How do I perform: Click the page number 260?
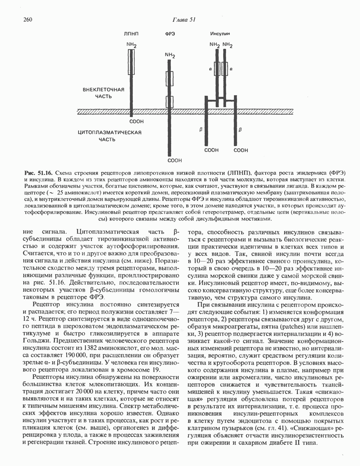(x=28, y=19)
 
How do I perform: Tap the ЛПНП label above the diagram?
(x=131, y=34)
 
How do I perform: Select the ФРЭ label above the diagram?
(x=170, y=34)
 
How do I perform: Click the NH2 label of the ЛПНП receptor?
(x=131, y=45)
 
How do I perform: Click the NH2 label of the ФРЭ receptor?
(x=170, y=56)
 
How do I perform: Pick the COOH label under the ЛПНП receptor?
(x=136, y=122)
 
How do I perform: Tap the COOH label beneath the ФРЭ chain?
(x=175, y=160)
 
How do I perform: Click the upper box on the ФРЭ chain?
(x=170, y=77)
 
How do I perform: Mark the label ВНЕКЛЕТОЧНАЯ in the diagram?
(x=104, y=90)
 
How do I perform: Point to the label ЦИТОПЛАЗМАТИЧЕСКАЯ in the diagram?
(x=110, y=132)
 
